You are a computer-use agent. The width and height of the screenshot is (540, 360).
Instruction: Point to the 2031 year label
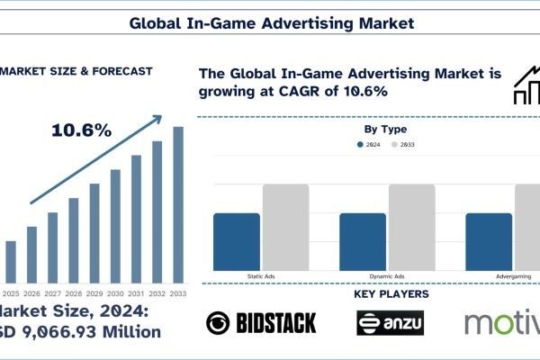tap(137, 293)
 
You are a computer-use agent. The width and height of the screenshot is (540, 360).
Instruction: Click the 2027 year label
tap(53, 293)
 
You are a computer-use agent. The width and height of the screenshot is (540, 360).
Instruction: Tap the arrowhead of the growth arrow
tap(160, 116)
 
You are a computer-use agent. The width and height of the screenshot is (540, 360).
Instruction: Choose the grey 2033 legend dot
tap(393, 146)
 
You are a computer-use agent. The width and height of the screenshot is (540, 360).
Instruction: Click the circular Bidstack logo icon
tap(218, 322)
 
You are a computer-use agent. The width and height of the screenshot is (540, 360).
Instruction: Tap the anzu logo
tap(390, 322)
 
